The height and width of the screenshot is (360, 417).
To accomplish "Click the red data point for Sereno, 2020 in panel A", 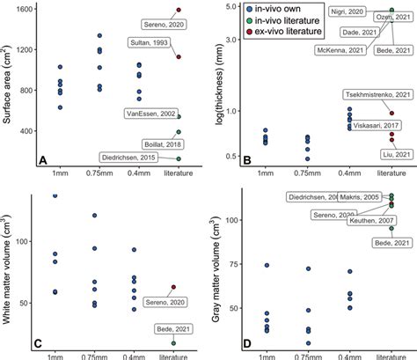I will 178,11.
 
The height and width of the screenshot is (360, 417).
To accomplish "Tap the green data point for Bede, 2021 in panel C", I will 172,342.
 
